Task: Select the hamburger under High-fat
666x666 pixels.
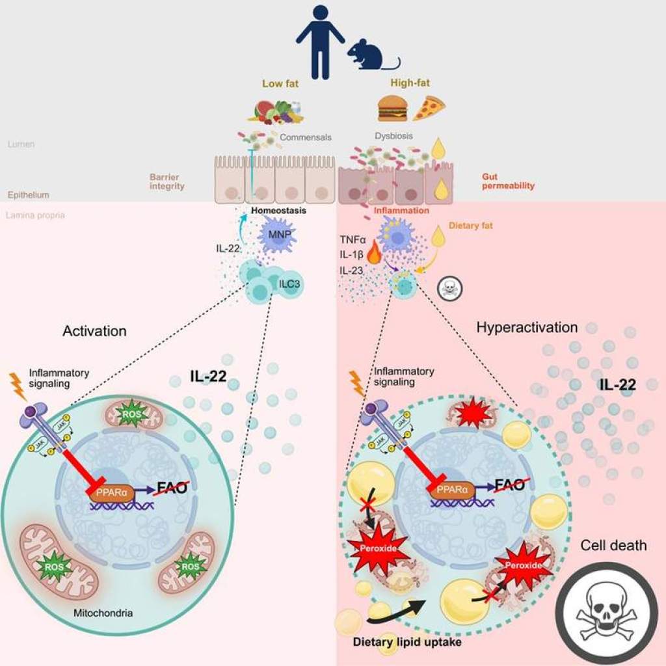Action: [392, 109]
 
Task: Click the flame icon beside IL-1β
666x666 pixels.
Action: [374, 254]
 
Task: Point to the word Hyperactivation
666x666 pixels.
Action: [527, 327]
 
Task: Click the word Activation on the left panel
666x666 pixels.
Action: [94, 331]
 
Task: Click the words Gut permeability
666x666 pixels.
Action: [508, 181]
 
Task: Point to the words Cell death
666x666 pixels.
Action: [613, 545]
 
